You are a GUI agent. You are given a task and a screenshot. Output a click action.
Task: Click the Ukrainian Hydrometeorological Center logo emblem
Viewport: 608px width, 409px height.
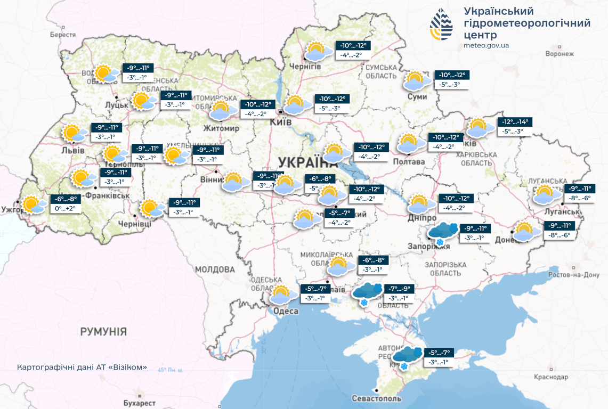click(441, 24)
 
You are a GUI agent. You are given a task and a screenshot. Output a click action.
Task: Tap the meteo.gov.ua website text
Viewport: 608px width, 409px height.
click(486, 45)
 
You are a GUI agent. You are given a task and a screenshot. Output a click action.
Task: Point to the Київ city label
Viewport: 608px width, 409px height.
click(281, 122)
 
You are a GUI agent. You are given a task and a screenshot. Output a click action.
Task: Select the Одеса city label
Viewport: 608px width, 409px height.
click(285, 311)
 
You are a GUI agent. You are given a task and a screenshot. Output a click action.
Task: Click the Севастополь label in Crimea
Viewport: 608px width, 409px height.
click(376, 398)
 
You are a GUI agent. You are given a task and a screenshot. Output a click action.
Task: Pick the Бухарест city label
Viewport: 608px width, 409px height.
click(139, 403)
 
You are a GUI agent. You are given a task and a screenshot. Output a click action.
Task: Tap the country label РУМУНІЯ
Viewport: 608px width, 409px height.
click(103, 332)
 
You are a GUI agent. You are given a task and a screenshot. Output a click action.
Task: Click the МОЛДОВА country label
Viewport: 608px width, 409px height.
click(215, 269)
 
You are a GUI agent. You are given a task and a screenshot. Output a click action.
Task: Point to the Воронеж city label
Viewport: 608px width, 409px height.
click(560, 54)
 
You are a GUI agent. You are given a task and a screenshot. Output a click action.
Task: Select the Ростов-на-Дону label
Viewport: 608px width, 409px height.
click(574, 275)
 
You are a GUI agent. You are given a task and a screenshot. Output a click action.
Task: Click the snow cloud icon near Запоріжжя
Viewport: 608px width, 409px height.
click(442, 232)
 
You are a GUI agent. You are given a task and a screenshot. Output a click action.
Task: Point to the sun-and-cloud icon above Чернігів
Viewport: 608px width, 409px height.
click(315, 51)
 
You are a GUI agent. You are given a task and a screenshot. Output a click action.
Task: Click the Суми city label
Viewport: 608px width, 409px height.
click(417, 96)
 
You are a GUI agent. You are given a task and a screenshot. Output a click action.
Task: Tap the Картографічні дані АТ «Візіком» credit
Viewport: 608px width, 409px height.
click(82, 367)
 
